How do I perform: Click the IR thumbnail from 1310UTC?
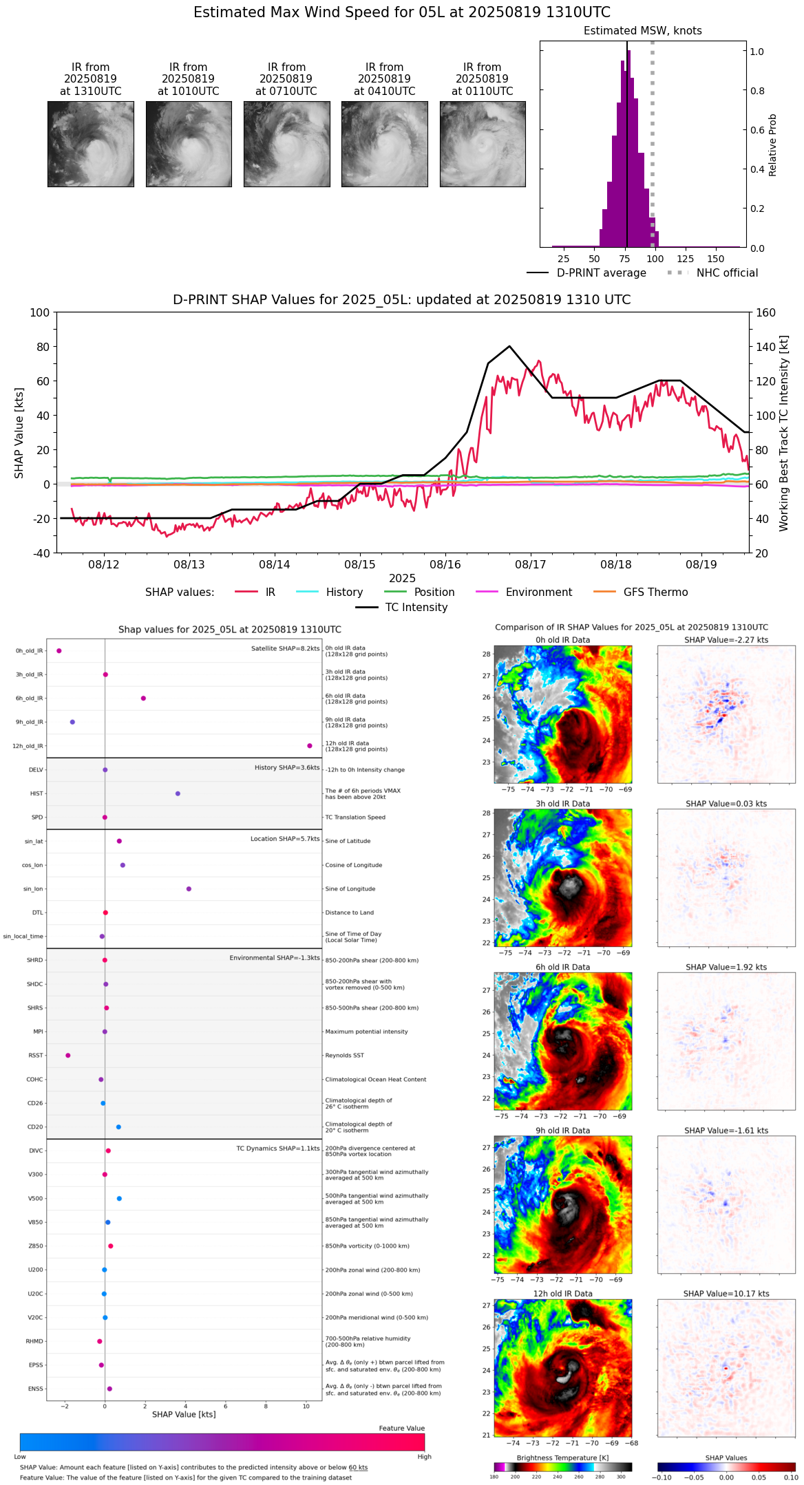click(90, 144)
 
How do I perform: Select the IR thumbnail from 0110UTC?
click(483, 144)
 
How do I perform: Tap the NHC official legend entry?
click(712, 273)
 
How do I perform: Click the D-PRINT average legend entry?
click(586, 273)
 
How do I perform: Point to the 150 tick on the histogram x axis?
click(716, 259)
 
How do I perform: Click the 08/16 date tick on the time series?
click(445, 564)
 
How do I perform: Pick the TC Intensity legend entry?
click(402, 608)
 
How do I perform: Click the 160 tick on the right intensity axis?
click(765, 313)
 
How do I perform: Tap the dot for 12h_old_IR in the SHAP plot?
click(310, 746)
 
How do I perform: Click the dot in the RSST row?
click(67, 1055)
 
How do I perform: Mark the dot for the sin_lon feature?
click(189, 889)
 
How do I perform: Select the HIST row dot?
click(178, 793)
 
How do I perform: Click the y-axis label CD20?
click(35, 1127)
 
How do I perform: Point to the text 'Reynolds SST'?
click(344, 1056)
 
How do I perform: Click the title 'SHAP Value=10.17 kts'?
click(726, 1294)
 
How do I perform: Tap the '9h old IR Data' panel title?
click(562, 1131)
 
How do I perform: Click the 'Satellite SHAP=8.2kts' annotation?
click(285, 649)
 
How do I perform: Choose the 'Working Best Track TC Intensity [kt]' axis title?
click(784, 433)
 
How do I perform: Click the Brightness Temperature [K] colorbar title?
click(562, 1457)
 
